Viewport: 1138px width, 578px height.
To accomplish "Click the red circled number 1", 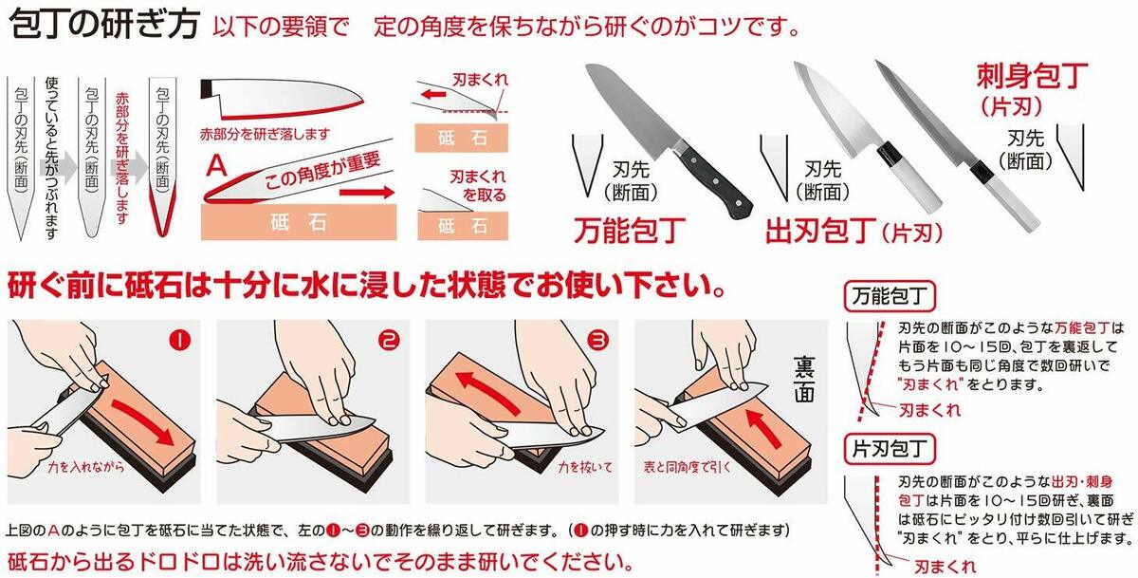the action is pyautogui.click(x=180, y=340).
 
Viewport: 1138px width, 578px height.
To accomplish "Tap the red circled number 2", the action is pyautogui.click(x=389, y=340).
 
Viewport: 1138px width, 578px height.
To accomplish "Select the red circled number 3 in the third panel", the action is pyautogui.click(x=598, y=340).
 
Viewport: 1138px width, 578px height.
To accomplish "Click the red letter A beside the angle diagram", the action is pyautogui.click(x=216, y=166).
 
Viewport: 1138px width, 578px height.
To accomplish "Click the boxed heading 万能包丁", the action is pyautogui.click(x=890, y=296).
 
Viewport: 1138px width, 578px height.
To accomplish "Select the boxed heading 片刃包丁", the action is pyautogui.click(x=890, y=449).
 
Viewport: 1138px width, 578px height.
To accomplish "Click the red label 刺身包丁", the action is pyautogui.click(x=1032, y=76).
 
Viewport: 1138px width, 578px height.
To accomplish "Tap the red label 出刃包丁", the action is pyautogui.click(x=821, y=232).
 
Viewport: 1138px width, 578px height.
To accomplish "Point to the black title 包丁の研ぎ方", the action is pyautogui.click(x=103, y=24).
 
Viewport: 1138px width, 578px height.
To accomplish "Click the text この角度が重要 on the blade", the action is pyautogui.click(x=322, y=171).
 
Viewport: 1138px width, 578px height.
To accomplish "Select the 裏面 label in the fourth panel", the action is pyautogui.click(x=805, y=380).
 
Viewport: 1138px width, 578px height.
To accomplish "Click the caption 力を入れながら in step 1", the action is pyautogui.click(x=86, y=467).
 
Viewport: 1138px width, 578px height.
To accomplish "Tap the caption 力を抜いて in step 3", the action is pyautogui.click(x=585, y=467).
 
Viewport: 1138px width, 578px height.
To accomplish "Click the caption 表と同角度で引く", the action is pyautogui.click(x=687, y=467).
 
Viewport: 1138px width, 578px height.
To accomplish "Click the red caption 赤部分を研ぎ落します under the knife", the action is pyautogui.click(x=265, y=134).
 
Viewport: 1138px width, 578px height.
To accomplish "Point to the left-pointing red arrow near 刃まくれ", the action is pyautogui.click(x=434, y=94).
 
